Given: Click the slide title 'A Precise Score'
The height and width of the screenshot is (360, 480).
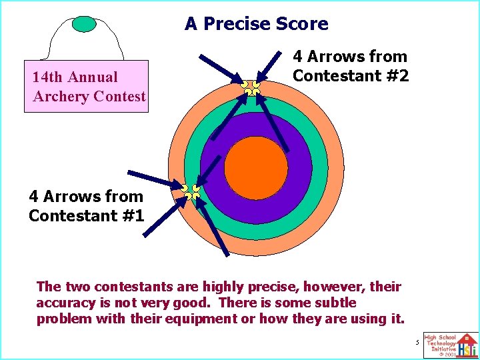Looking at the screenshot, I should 257,24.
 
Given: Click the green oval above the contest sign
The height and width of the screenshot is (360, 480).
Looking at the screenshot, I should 84,24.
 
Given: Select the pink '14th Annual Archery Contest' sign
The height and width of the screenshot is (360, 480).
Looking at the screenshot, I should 87,87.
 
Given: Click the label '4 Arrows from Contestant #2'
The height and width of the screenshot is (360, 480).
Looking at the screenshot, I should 351,67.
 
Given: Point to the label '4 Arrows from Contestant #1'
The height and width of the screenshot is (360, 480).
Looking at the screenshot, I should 86,206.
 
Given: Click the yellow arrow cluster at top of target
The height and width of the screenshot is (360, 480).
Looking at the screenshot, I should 251,87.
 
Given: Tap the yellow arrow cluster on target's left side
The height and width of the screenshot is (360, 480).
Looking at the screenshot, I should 191,192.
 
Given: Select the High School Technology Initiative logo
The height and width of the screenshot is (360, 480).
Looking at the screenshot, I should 451,345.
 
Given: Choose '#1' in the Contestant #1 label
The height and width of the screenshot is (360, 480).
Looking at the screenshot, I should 132,215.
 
